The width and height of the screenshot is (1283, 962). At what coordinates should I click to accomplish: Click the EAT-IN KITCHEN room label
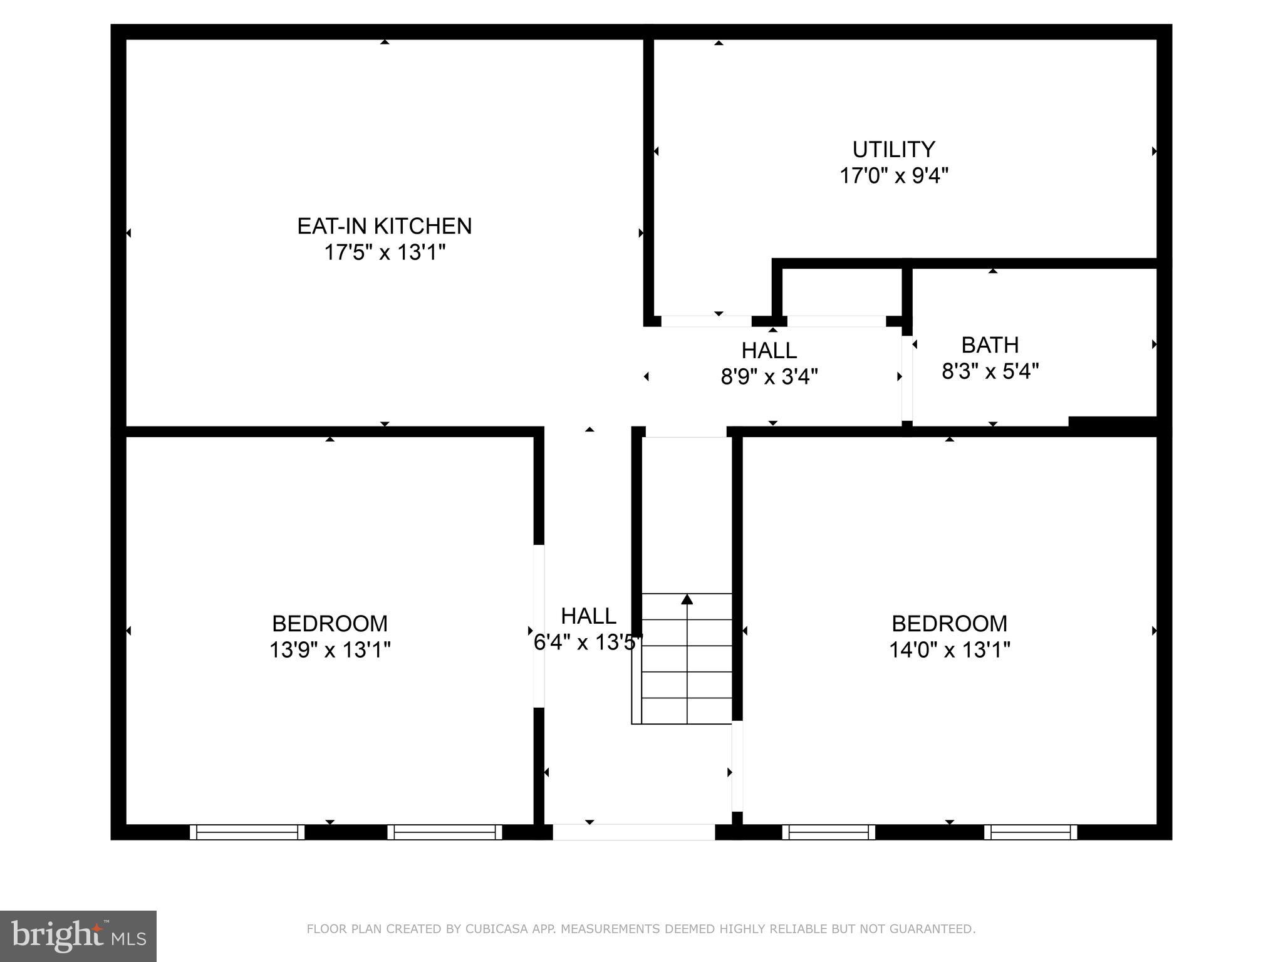(x=384, y=226)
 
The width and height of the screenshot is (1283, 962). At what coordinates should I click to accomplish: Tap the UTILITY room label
(x=893, y=150)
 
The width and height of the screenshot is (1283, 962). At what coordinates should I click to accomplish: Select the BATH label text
(x=990, y=345)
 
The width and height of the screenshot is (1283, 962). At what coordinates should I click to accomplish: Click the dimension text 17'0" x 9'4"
(x=893, y=176)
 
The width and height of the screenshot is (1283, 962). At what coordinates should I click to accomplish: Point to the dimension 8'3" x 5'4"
(x=990, y=372)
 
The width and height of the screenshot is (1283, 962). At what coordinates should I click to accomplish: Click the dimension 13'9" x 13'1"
(x=330, y=650)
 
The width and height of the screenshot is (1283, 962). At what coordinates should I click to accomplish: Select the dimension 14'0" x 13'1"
(x=949, y=650)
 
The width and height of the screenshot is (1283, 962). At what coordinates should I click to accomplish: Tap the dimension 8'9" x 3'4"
(x=769, y=377)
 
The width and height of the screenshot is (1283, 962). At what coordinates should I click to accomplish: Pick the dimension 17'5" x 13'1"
(x=384, y=253)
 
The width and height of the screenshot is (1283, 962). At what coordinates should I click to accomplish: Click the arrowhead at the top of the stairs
(x=687, y=599)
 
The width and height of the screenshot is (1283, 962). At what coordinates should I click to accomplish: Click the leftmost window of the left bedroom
(x=247, y=832)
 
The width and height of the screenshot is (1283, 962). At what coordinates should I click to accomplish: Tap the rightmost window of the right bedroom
(x=1030, y=832)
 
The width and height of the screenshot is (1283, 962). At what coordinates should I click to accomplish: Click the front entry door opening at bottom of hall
(x=633, y=832)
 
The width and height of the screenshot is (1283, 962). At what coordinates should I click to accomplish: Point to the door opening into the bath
(x=906, y=378)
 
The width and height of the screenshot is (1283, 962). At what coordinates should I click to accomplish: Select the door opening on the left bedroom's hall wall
(x=539, y=626)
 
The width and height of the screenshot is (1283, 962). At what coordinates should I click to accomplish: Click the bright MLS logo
(x=78, y=936)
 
